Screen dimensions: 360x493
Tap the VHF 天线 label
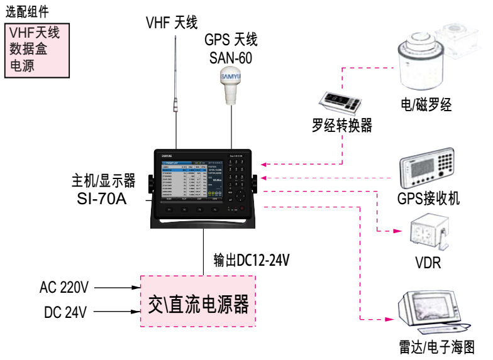tap(172, 23)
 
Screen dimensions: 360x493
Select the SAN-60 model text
tap(231, 57)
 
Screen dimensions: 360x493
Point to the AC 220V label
tap(64, 288)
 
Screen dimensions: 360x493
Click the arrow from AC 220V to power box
tap(117, 288)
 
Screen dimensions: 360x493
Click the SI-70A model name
tap(104, 199)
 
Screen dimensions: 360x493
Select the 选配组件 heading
tap(27, 11)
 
